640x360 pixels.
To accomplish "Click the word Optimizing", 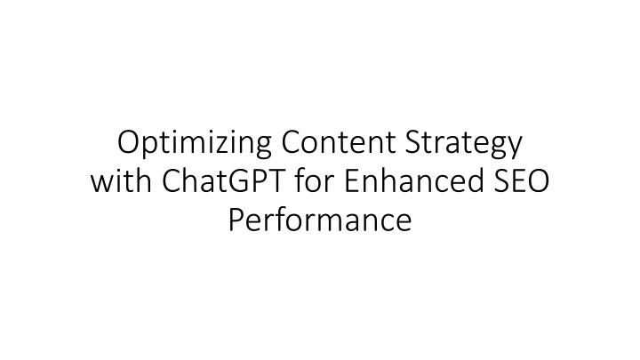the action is [x=195, y=144].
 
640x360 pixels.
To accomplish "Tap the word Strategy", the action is [x=464, y=144].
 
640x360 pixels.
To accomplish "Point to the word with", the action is [x=121, y=180].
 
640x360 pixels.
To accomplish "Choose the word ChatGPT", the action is [x=223, y=180].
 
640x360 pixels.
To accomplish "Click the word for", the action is [x=315, y=180].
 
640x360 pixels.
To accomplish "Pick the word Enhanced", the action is [x=414, y=180].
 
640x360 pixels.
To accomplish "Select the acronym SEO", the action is [x=522, y=180].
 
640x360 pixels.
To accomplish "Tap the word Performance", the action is [x=320, y=220].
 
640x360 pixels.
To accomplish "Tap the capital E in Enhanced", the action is [x=352, y=180].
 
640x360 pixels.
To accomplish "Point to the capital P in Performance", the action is [x=236, y=220].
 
